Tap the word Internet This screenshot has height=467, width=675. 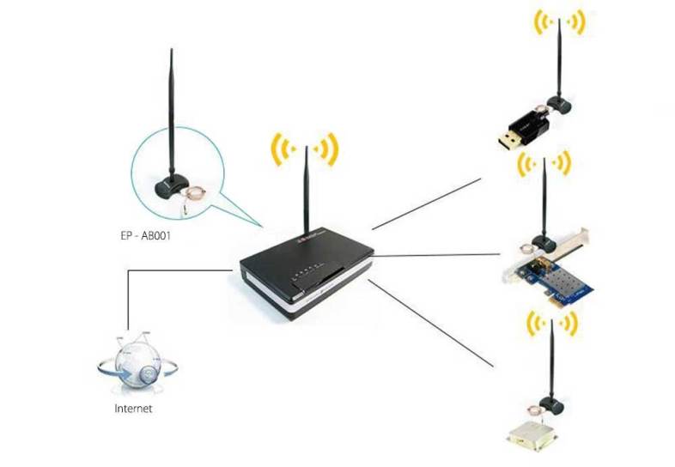click(133, 409)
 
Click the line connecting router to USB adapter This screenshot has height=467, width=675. click(429, 204)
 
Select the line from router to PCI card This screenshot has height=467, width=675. click(438, 255)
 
